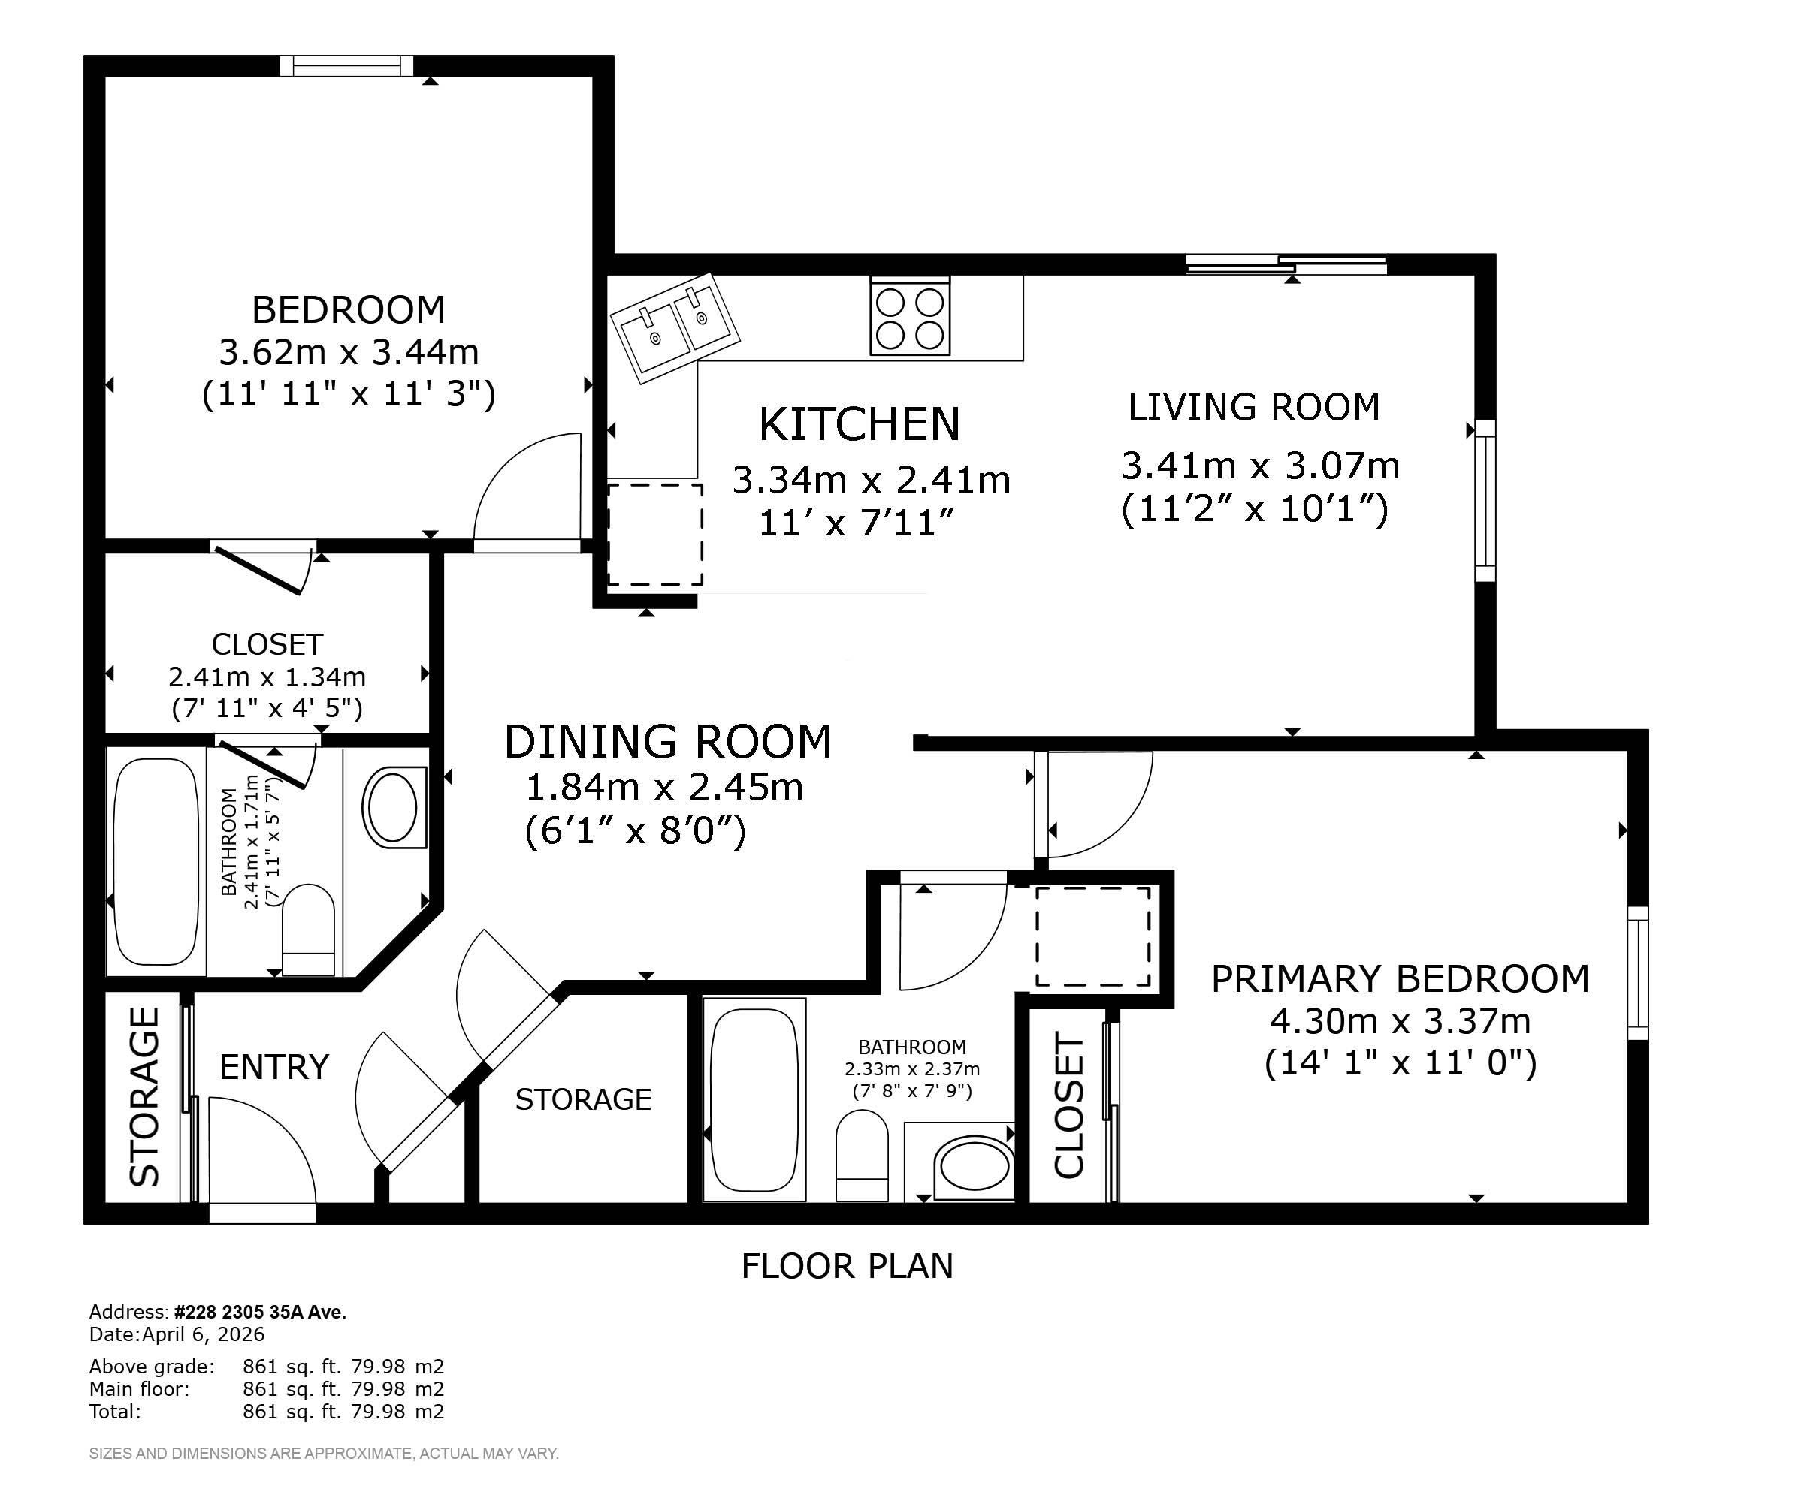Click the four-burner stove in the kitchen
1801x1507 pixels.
910,316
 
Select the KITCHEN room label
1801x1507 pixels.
860,424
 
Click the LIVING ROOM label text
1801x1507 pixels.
1254,407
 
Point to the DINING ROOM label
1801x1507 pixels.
667,743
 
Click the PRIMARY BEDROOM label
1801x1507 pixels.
1400,979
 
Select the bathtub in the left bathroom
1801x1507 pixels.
156,861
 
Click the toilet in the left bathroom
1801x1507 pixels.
308,930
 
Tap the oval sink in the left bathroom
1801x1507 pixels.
394,807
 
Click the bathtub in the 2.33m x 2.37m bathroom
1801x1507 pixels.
754,1100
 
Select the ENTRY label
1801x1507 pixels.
274,1067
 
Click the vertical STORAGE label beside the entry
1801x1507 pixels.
144,1096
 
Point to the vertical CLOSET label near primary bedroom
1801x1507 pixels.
1068,1106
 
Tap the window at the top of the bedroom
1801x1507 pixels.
346,66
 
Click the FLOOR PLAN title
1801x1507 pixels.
847,1266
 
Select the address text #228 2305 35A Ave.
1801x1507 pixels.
260,1313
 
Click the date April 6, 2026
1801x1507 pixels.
204,1335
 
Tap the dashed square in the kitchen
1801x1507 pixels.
655,534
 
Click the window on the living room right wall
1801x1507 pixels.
1485,502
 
